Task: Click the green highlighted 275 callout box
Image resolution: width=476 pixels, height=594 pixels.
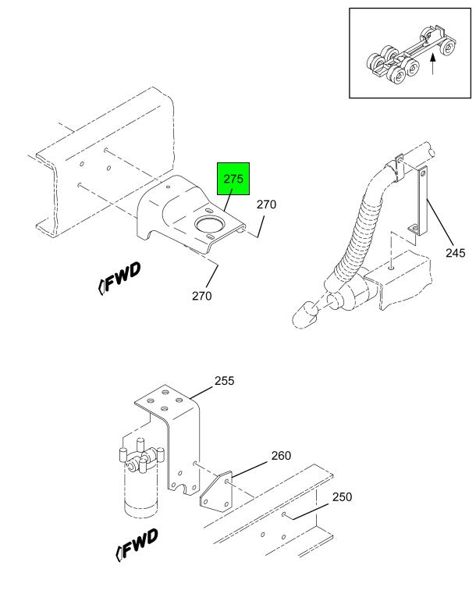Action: [233, 179]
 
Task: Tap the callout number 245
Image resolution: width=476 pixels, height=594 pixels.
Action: [456, 253]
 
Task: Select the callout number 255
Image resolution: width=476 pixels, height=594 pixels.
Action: [225, 380]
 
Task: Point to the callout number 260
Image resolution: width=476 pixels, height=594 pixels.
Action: [281, 455]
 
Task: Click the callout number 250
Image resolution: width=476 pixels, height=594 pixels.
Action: [342, 496]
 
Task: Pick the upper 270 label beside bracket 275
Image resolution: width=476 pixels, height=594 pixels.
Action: [266, 205]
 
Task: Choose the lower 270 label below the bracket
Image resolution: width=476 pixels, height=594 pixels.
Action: [202, 296]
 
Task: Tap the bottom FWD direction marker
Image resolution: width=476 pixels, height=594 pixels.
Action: [137, 545]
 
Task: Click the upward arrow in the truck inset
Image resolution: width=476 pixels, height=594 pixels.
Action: [433, 64]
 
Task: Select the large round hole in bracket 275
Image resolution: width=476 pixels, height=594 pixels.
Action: [209, 225]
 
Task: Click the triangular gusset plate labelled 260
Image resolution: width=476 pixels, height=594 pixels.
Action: [216, 492]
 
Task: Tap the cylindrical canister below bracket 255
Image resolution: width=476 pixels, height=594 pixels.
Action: [140, 489]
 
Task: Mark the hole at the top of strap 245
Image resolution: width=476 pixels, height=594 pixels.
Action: [423, 174]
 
